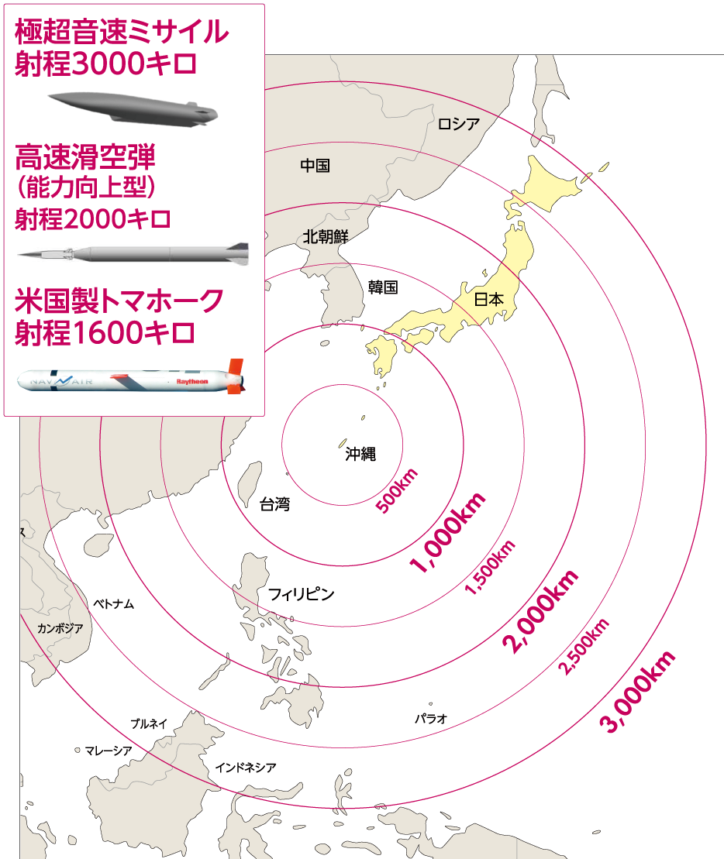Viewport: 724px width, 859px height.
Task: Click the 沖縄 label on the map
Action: click(360, 455)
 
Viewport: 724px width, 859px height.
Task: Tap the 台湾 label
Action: click(274, 505)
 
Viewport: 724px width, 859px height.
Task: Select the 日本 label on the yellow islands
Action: click(488, 299)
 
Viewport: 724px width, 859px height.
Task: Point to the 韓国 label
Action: click(383, 287)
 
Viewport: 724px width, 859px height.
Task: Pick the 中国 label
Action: click(315, 166)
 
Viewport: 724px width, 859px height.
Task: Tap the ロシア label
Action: click(459, 123)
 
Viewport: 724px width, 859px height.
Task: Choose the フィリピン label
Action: click(301, 594)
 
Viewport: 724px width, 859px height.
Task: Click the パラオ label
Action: click(430, 718)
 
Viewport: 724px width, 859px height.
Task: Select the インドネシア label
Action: click(246, 767)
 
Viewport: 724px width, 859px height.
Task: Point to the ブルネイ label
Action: click(149, 723)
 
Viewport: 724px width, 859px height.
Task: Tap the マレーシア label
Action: click(109, 750)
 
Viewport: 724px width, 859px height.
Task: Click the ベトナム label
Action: click(113, 603)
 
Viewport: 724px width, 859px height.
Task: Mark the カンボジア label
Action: click(60, 628)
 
